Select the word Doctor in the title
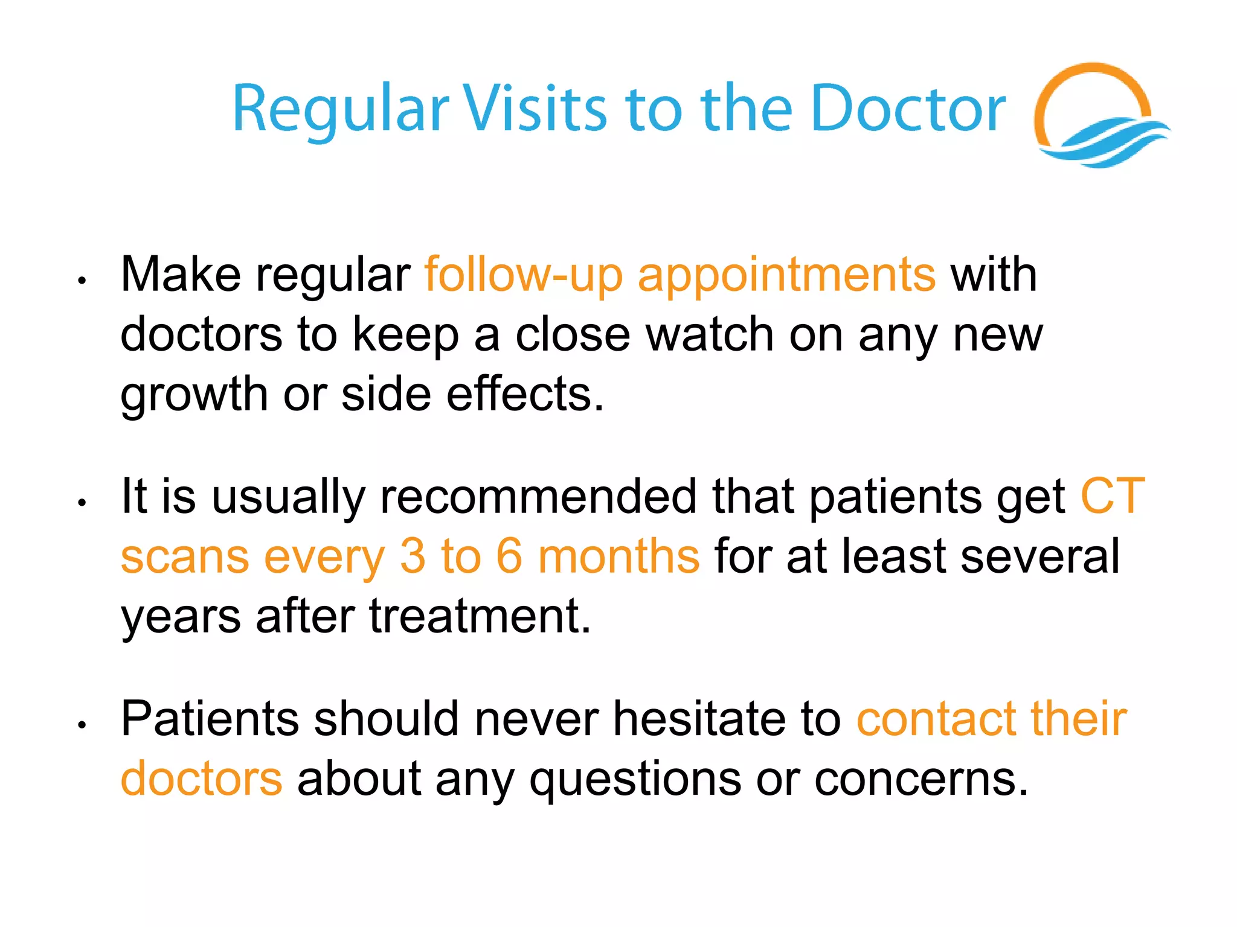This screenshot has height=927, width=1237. (x=909, y=109)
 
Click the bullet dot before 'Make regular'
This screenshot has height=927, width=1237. (x=82, y=280)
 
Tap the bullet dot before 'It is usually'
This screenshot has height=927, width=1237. (x=82, y=502)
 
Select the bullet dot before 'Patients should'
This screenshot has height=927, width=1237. (x=82, y=724)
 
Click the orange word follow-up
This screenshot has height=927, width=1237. (x=523, y=275)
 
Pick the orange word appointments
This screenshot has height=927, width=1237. (x=786, y=275)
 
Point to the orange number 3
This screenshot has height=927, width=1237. (x=413, y=556)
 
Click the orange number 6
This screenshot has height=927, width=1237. (x=509, y=556)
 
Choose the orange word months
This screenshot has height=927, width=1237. (x=618, y=556)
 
